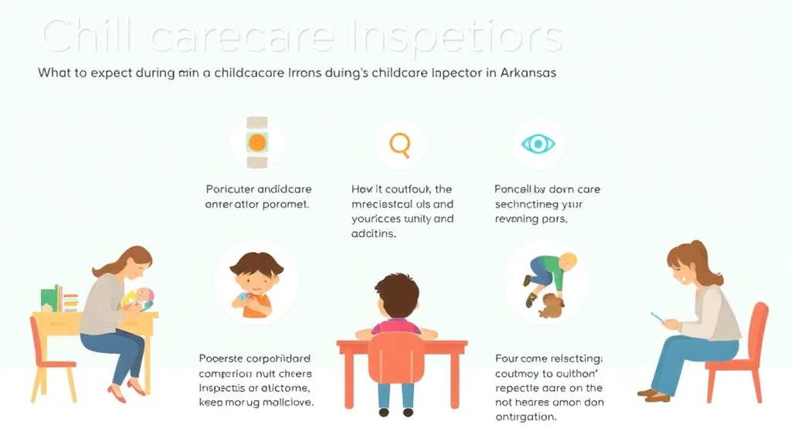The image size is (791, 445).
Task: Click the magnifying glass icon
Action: [399, 144]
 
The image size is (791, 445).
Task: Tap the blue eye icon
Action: [538, 144]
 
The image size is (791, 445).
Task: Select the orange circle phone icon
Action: [256, 143]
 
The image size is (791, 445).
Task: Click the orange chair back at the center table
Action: [395, 358]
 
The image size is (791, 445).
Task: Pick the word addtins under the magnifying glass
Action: [374, 233]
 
